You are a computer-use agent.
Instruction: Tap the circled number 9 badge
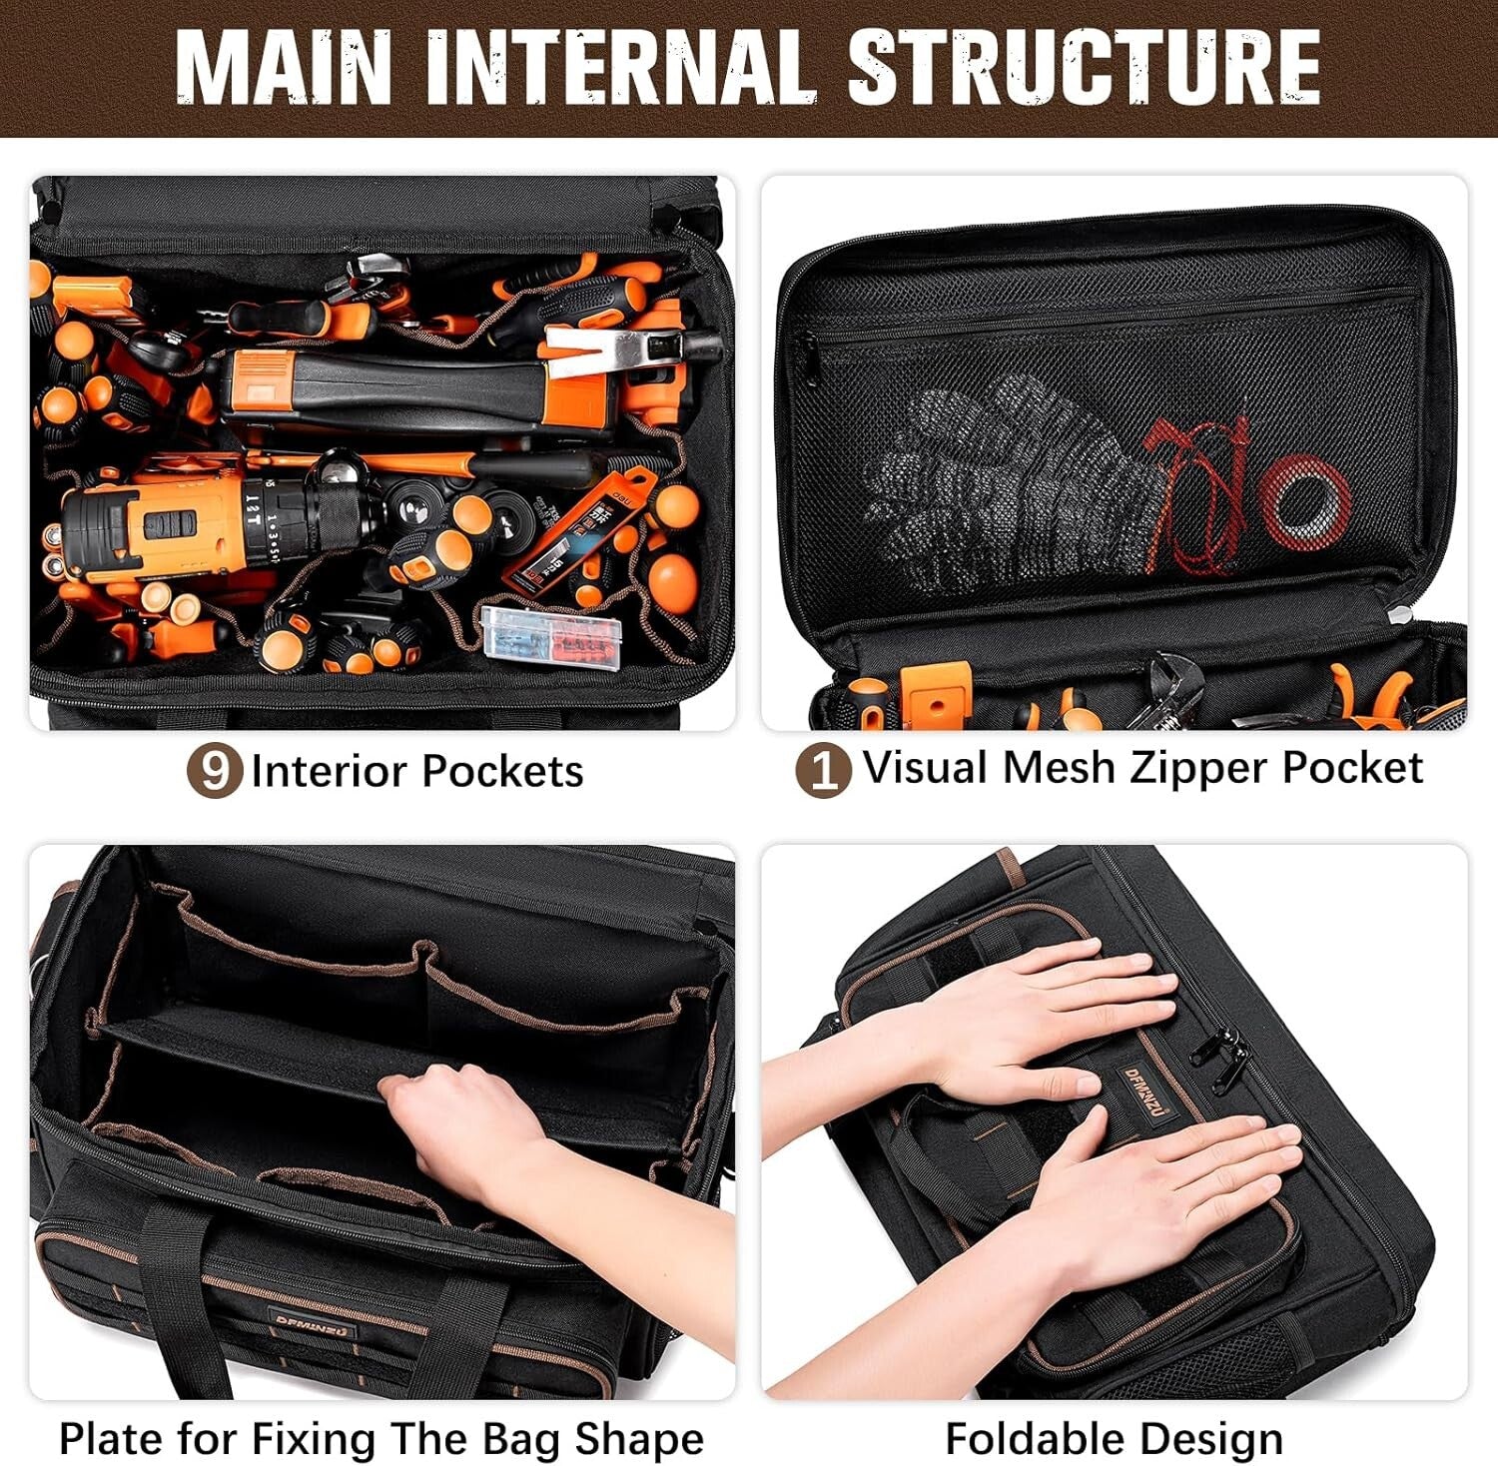(215, 770)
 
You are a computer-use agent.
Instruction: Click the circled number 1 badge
(823, 770)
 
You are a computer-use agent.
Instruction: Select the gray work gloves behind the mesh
(999, 479)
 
